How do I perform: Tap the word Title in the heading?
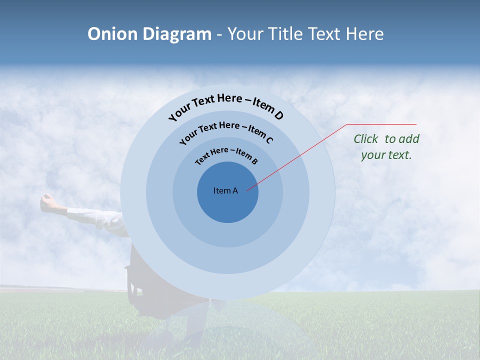[x=286, y=34]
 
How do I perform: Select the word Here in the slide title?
[x=364, y=34]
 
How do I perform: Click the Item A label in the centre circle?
[x=225, y=190]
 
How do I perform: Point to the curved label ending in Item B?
[x=226, y=155]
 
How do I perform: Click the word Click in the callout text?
[x=366, y=139]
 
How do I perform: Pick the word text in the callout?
[x=399, y=155]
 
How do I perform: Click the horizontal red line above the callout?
[x=381, y=124]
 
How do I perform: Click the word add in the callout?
[x=409, y=139]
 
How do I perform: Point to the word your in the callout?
[x=373, y=155]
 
